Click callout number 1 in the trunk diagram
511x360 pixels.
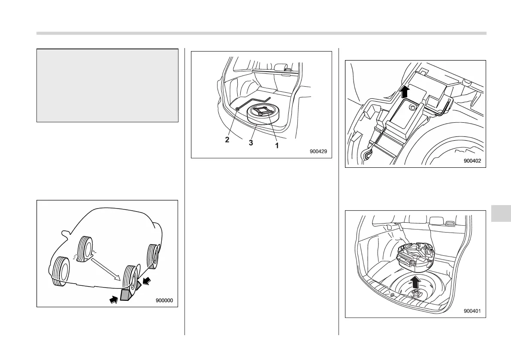tap(277, 145)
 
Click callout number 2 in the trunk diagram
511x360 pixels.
tap(227, 140)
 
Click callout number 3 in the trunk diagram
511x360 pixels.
tap(251, 143)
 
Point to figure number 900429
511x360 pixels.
tap(318, 151)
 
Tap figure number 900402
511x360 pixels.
tap(472, 160)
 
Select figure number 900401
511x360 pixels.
tap(472, 311)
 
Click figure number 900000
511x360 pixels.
tap(164, 300)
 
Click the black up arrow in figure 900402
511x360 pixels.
tap(405, 91)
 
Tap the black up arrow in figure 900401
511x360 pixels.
tap(414, 282)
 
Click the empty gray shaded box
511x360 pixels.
tap(108, 85)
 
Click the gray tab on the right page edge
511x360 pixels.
tap(501, 213)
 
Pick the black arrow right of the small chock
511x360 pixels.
tap(147, 281)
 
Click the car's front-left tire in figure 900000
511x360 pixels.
tap(60, 272)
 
